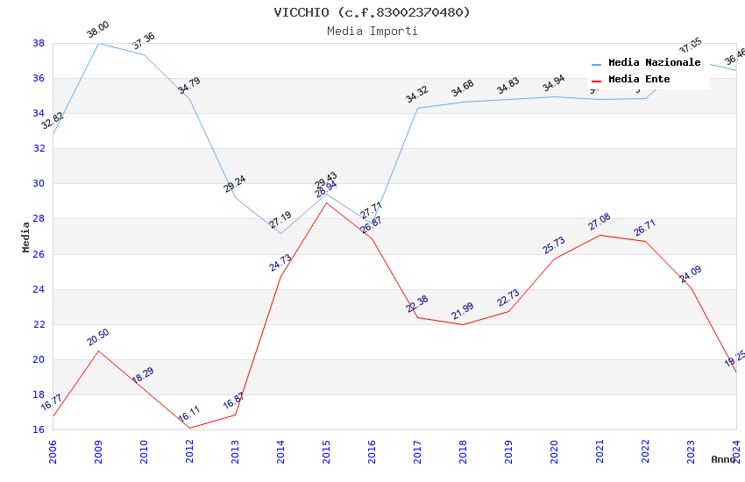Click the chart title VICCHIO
click(x=372, y=12)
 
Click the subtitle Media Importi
click(x=372, y=31)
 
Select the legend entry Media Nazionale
click(x=654, y=63)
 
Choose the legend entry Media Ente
click(x=639, y=80)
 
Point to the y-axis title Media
click(x=26, y=237)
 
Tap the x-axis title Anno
click(x=723, y=459)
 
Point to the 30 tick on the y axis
click(x=39, y=184)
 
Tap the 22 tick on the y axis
click(x=39, y=324)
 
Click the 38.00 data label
click(x=97, y=32)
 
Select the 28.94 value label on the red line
click(x=325, y=191)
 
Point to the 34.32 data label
click(x=416, y=95)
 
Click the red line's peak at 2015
click(x=326, y=202)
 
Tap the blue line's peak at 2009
click(x=98, y=43)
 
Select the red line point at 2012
click(x=189, y=428)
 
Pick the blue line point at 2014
click(x=280, y=233)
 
